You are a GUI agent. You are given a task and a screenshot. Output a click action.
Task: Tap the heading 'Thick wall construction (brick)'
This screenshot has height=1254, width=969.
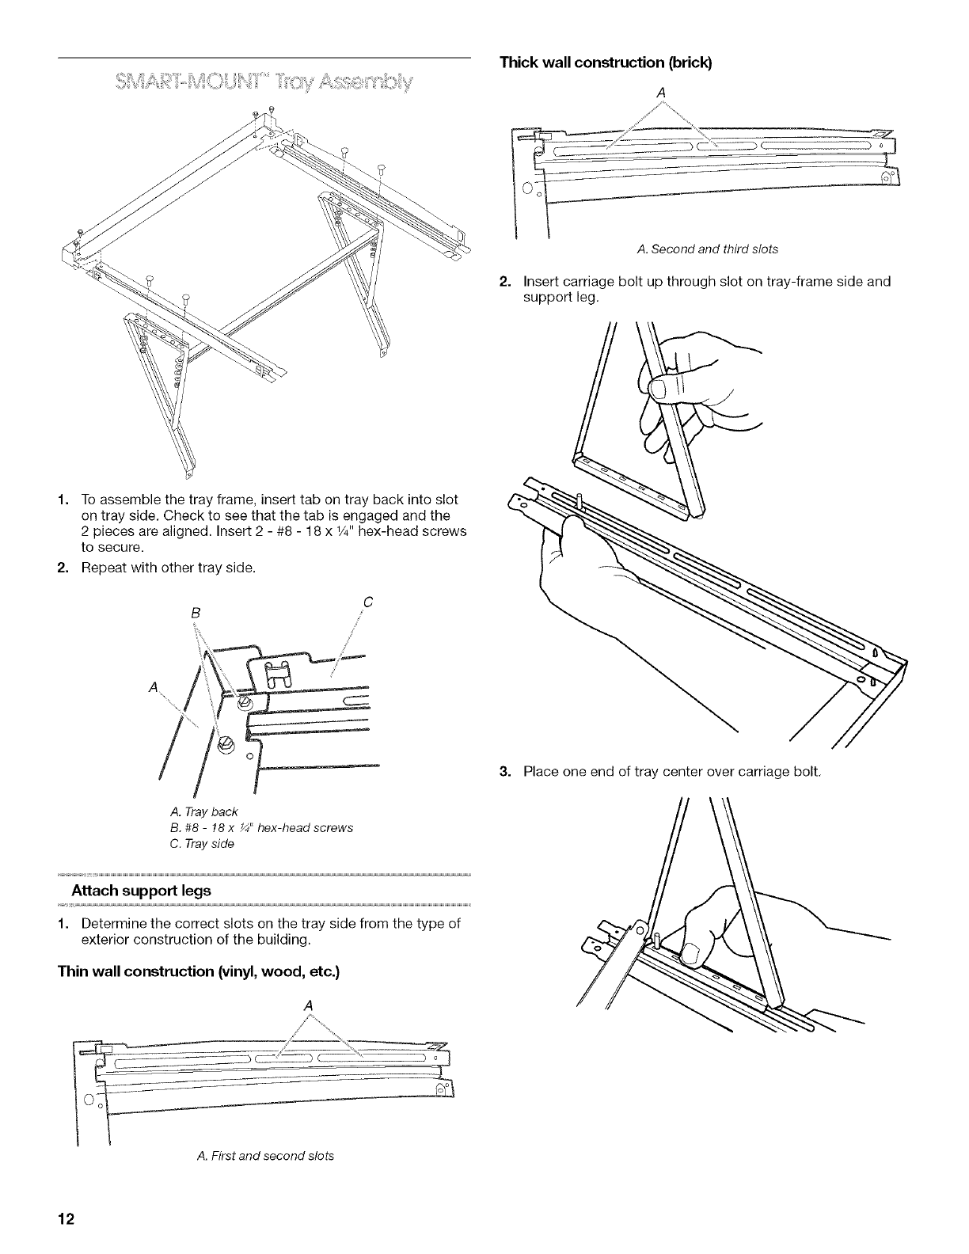pos(606,63)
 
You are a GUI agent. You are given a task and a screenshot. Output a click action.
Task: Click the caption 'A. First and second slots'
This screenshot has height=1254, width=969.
pos(264,1156)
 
